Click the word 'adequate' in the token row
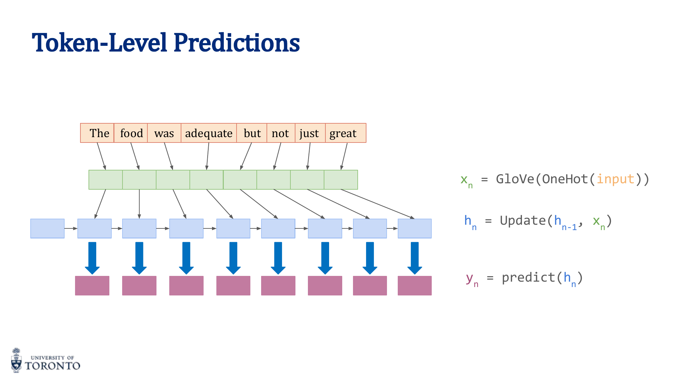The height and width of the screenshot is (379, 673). point(209,133)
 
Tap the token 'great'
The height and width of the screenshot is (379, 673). point(343,133)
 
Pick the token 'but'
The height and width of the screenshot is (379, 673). point(252,133)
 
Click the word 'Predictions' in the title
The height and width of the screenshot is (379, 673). point(237,43)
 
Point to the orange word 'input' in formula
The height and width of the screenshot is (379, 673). point(615,179)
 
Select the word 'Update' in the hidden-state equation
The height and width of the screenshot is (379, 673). point(523,221)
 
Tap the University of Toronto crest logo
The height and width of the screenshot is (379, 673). point(16,360)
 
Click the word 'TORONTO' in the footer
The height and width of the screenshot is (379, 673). point(52,366)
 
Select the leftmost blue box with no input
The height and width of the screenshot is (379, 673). point(47,228)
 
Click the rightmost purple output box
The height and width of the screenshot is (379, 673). point(415,286)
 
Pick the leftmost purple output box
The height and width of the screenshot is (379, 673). point(92,286)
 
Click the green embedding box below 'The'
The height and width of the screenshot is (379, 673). point(106,180)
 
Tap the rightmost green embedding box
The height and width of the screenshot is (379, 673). point(341,180)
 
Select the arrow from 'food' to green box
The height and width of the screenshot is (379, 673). point(135,156)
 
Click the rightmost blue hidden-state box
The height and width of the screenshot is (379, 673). point(415,228)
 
